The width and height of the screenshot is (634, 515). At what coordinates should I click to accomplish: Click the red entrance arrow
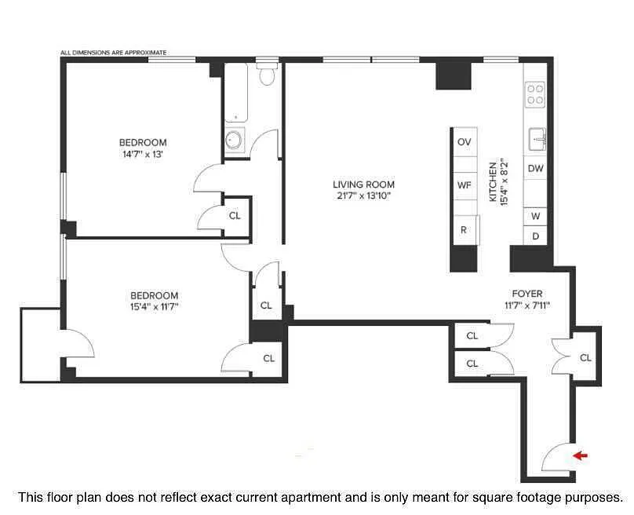point(580,456)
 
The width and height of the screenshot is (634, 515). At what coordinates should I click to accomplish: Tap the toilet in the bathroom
point(268,74)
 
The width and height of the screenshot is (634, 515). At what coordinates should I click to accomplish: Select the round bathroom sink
point(234,140)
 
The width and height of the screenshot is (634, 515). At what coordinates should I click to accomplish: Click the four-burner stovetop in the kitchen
point(535,95)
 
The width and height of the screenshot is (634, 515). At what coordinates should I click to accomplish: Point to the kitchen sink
point(537,139)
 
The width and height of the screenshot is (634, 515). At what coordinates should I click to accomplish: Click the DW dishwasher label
point(535,168)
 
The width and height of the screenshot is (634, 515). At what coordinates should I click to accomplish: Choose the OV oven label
point(465,142)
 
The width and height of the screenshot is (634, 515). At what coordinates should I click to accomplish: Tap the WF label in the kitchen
point(464,185)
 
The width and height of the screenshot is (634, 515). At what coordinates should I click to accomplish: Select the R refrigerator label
point(464,230)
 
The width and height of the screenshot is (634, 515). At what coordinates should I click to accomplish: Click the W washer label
point(535,216)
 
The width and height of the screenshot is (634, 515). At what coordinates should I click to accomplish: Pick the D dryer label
point(535,236)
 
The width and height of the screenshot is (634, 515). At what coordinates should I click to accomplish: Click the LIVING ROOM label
point(363,184)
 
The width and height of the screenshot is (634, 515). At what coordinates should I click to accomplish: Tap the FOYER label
point(527,294)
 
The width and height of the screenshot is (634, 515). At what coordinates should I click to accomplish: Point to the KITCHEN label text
point(493,182)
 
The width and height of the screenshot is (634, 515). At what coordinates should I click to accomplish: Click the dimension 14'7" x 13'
point(142,154)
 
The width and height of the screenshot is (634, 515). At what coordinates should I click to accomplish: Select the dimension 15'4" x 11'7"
point(154,307)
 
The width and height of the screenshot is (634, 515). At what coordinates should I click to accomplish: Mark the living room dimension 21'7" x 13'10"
point(363,195)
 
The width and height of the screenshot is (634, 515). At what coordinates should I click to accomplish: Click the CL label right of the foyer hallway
point(585,358)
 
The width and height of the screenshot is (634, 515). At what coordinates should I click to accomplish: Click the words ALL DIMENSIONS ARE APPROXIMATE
point(113,53)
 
